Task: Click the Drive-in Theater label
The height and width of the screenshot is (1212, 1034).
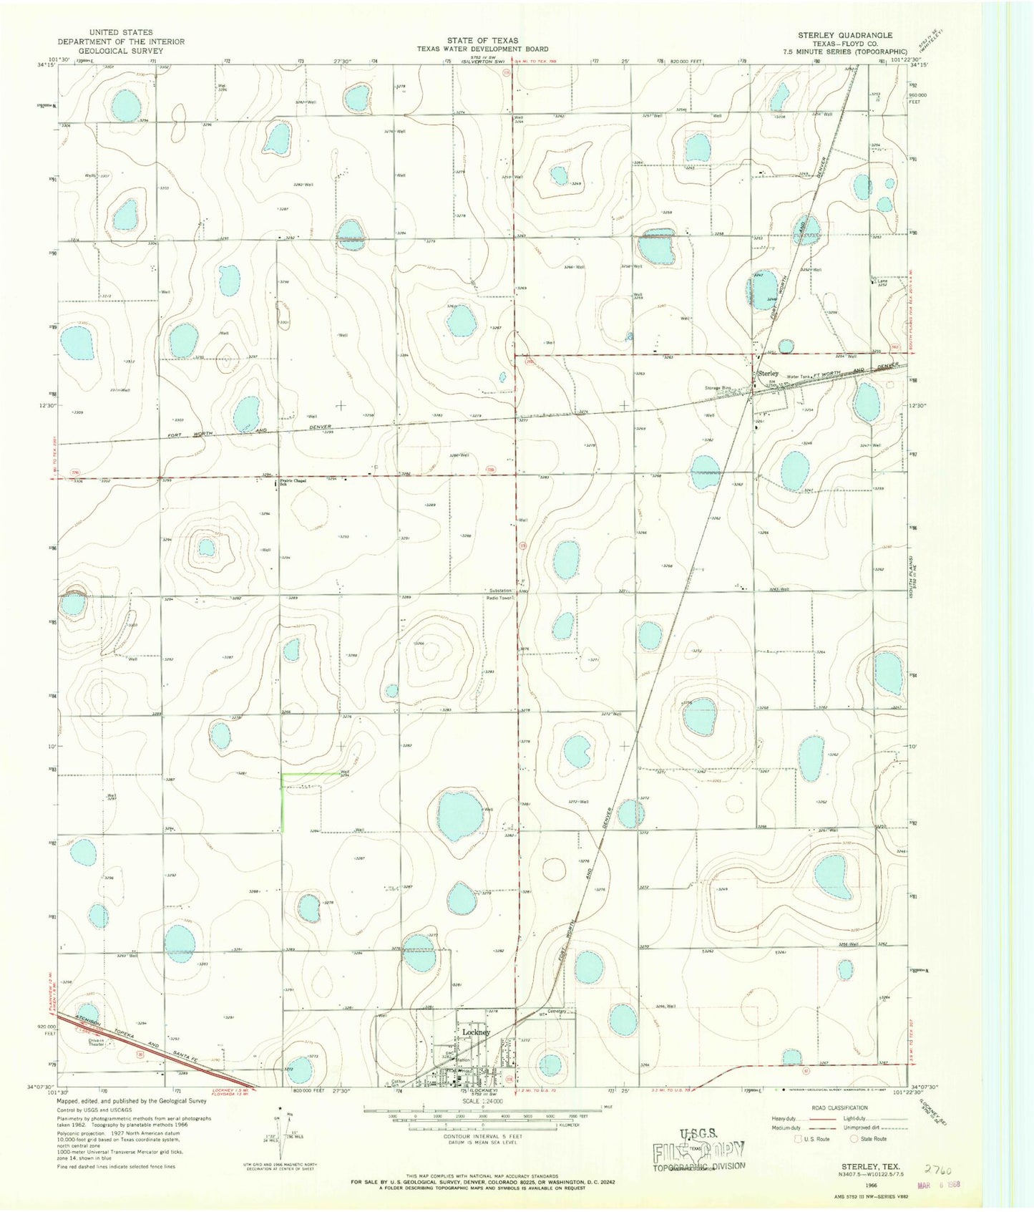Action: click(97, 1042)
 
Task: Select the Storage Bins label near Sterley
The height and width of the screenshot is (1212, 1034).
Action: click(718, 388)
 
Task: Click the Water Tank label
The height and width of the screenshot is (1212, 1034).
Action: click(797, 377)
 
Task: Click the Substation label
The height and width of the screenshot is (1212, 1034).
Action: click(500, 591)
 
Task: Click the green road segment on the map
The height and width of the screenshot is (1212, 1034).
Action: click(283, 802)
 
